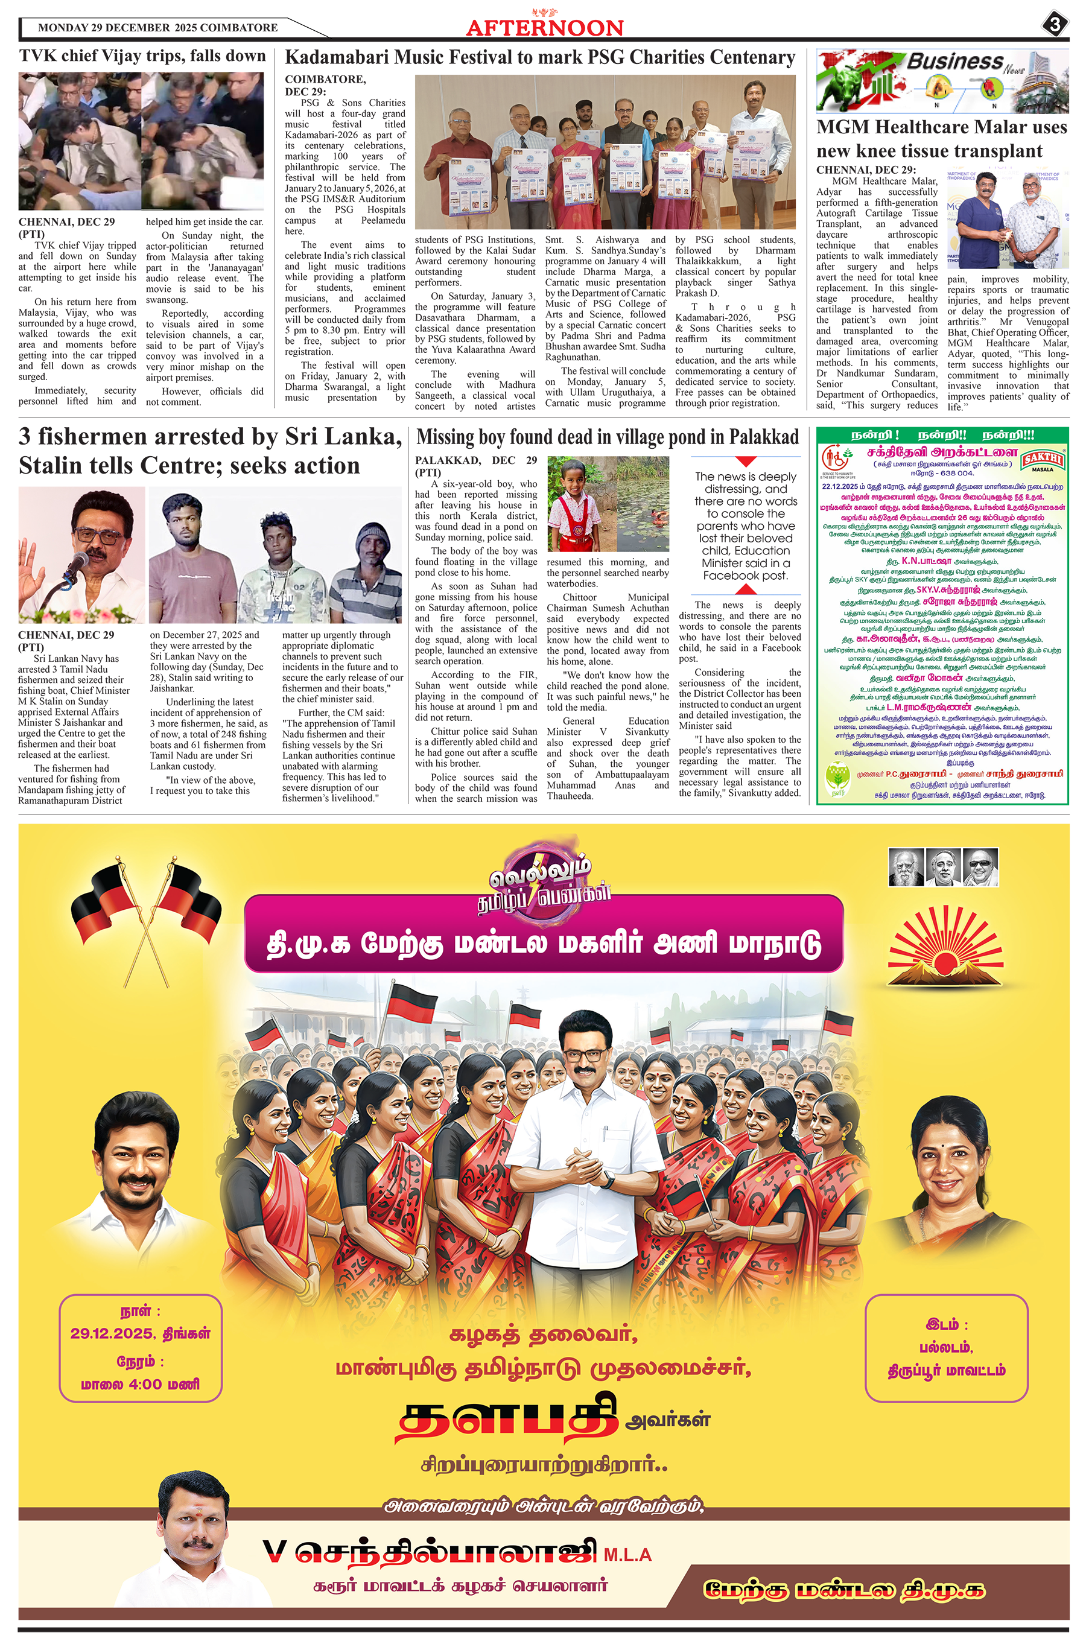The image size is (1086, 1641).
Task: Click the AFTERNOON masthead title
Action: (x=544, y=28)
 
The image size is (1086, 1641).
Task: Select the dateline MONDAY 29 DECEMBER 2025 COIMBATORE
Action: (x=158, y=28)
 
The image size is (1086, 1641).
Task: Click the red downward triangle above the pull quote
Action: (x=745, y=461)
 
